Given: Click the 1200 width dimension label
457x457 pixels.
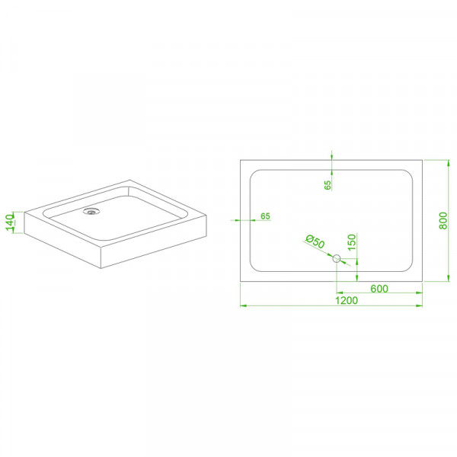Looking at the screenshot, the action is [x=347, y=300].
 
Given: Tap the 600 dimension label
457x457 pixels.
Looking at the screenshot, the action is [x=379, y=289].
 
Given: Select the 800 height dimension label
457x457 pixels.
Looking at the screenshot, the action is [x=443, y=221].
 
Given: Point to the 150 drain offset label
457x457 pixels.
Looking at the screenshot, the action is [x=352, y=242].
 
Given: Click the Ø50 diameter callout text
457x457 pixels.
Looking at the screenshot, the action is [x=315, y=241].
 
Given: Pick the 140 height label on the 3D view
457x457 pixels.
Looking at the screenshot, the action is [x=10, y=222].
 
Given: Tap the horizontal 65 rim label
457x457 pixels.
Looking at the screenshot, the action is [x=265, y=216].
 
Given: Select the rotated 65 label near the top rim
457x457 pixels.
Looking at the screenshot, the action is [x=328, y=185].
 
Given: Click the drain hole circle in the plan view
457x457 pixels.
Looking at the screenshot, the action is [x=337, y=258].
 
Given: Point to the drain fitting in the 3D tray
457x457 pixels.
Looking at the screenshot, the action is [x=91, y=211].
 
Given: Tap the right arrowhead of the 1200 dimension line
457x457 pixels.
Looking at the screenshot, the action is [x=419, y=305].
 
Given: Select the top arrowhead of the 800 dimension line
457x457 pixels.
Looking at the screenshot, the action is [x=449, y=163].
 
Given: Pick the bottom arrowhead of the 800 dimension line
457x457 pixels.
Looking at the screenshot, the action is [x=449, y=278].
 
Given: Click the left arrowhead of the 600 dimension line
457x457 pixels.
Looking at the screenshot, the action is [x=340, y=292].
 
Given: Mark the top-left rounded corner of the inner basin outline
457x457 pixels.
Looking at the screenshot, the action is [x=253, y=173].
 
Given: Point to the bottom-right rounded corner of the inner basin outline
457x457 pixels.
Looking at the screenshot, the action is [x=410, y=269].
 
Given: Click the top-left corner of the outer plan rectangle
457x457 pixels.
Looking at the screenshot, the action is [x=241, y=160].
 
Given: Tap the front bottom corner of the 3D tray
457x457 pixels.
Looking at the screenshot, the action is [x=101, y=268].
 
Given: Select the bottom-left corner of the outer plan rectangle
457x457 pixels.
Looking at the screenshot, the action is [x=241, y=282].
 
